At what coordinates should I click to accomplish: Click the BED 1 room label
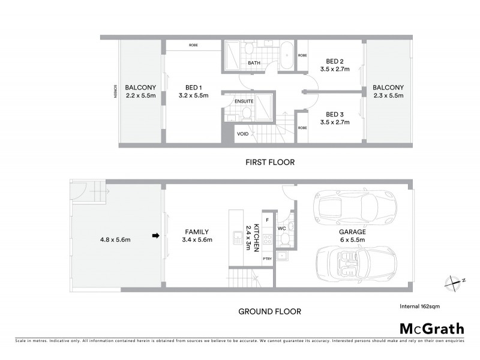[x=193, y=86]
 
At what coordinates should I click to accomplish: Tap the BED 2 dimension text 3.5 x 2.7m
[x=335, y=70]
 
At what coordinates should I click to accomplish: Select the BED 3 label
[x=335, y=114]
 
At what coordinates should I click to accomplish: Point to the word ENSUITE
[x=244, y=101]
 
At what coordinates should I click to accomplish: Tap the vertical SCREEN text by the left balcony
[x=115, y=91]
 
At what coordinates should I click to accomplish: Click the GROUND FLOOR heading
[x=270, y=311]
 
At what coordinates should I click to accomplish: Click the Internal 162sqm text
[x=419, y=306]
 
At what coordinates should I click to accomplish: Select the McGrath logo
[x=431, y=328]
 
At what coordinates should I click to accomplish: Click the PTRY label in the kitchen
[x=268, y=259]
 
